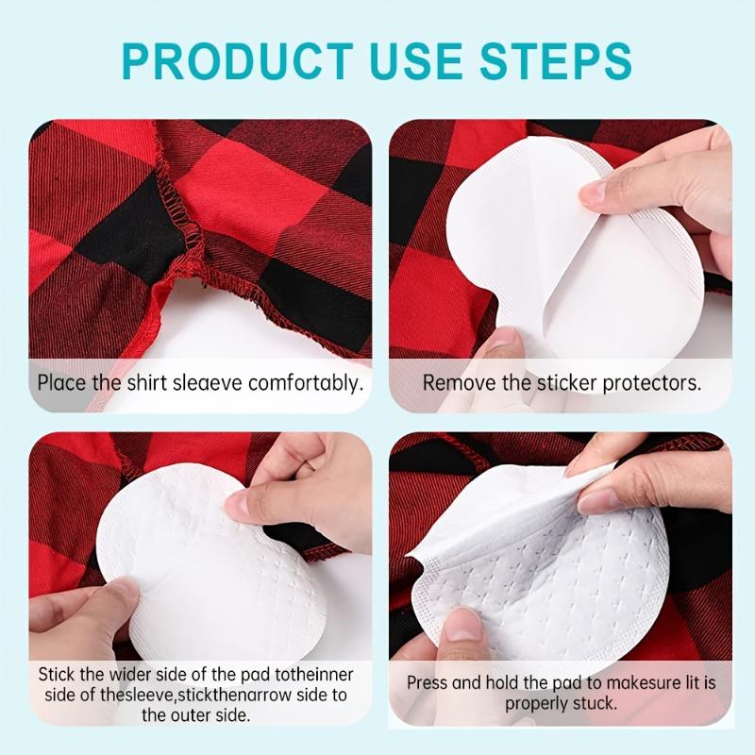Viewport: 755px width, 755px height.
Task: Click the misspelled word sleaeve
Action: pyautogui.click(x=198, y=383)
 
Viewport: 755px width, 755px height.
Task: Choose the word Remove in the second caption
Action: pyautogui.click(x=453, y=383)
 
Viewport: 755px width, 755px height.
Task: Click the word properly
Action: pyautogui.click(x=539, y=703)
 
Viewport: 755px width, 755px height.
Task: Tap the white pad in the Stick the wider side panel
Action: pyautogui.click(x=217, y=566)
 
